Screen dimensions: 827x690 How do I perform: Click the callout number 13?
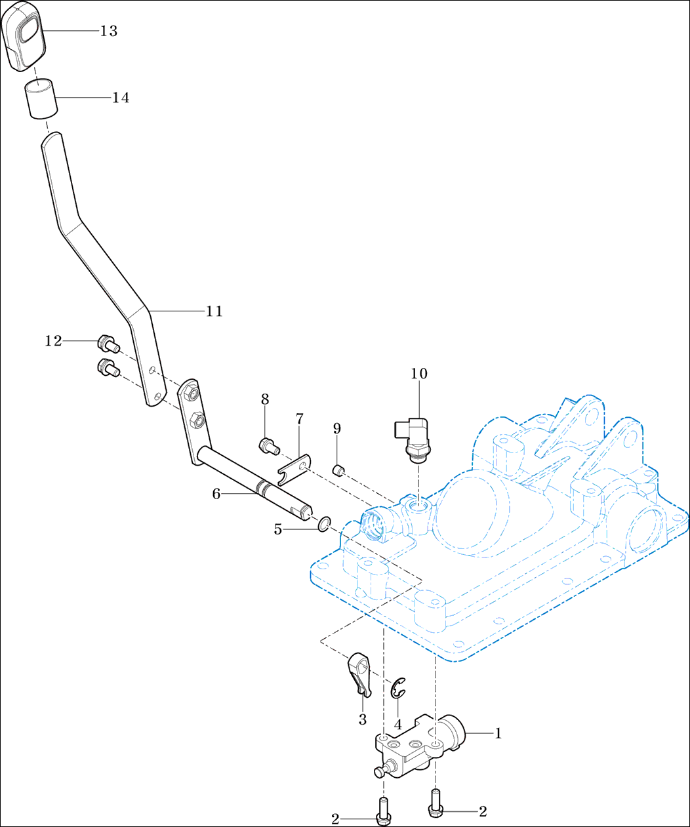(x=109, y=31)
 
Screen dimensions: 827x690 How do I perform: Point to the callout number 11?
(x=214, y=312)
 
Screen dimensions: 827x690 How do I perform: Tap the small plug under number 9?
(x=338, y=470)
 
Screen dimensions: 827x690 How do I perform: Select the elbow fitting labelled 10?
(x=410, y=439)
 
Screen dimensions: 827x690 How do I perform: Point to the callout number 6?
(x=216, y=494)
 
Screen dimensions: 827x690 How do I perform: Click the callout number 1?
(x=498, y=733)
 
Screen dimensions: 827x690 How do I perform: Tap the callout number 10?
(x=419, y=374)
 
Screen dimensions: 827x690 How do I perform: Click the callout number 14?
(x=121, y=98)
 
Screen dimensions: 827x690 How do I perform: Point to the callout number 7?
(x=300, y=418)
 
